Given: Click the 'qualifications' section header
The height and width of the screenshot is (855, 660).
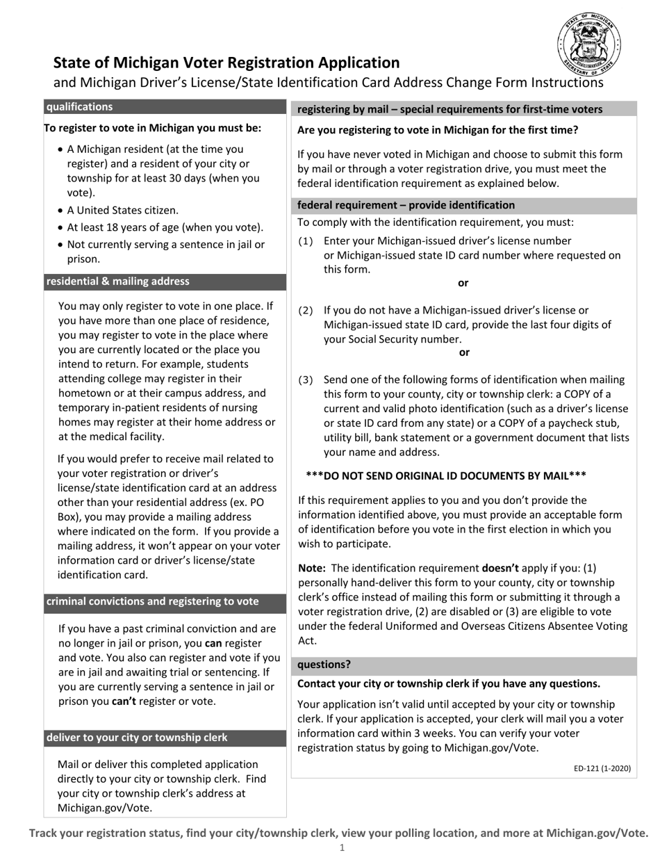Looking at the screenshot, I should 79,107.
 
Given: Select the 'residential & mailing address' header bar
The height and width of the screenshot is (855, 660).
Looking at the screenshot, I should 117,282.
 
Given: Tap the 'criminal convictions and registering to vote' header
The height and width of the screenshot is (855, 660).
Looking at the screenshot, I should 152,602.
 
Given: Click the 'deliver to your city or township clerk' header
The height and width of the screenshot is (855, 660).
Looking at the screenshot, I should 137,738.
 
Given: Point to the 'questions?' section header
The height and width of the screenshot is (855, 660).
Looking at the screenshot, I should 324,665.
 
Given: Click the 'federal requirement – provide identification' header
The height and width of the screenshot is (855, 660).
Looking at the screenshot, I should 406,205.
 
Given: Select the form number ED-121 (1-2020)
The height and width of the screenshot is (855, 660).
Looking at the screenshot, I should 602,768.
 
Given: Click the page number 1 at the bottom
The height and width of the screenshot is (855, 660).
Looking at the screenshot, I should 341,847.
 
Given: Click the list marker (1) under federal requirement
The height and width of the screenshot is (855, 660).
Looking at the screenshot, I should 306,241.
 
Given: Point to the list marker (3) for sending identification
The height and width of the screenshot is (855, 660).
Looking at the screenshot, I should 306,380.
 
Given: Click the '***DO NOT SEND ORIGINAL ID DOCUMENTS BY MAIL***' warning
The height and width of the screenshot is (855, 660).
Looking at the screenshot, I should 445,475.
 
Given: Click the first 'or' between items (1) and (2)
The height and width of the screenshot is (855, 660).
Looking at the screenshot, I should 463,283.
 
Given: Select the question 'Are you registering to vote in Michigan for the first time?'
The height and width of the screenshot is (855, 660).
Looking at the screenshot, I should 437,130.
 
